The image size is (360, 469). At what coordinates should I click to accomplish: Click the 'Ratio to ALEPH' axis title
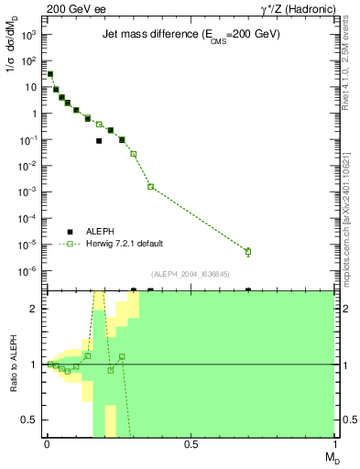(13, 365)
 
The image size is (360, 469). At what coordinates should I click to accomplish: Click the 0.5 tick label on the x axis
(191, 444)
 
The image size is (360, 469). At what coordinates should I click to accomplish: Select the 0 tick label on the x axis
(47, 444)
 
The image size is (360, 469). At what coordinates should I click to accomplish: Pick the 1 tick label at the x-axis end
(334, 444)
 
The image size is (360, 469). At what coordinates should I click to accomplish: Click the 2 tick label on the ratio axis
(38, 309)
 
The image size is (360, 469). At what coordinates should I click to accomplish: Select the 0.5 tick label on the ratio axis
(34, 420)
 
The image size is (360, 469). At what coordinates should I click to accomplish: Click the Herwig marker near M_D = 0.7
(248, 251)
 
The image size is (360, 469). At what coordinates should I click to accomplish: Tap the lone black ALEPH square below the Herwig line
(99, 141)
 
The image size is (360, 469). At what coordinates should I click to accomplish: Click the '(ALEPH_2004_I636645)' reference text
(191, 274)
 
